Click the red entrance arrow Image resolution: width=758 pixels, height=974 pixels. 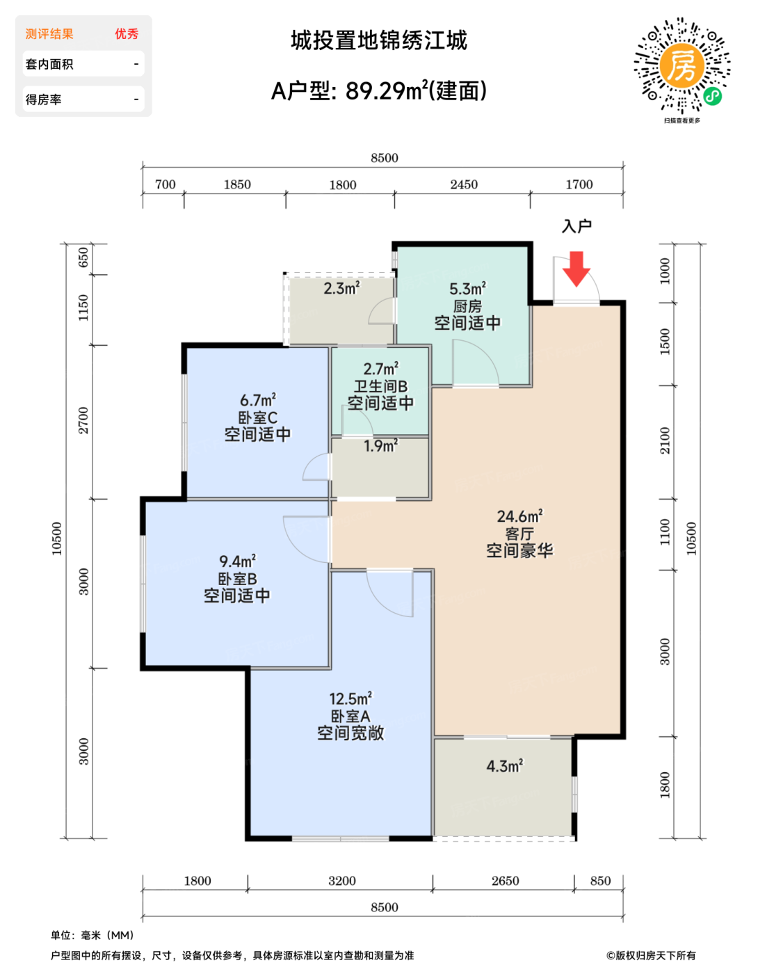coord(576,269)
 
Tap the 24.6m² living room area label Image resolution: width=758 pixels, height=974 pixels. coord(519,516)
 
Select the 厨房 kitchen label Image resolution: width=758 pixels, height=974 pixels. coord(467,307)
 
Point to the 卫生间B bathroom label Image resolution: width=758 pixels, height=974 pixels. coord(380,386)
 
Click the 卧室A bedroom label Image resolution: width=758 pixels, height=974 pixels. coord(350,717)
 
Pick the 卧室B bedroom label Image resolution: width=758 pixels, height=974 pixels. coord(237,579)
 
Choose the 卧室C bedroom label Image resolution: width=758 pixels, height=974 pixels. coord(257,417)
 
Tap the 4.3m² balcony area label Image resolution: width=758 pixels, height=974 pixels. coord(505,766)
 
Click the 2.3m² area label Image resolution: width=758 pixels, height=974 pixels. coord(342,288)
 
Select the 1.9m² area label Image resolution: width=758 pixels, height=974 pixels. coord(380,446)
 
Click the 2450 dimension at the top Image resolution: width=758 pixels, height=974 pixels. coord(464,184)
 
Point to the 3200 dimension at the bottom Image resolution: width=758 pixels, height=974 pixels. coord(342,881)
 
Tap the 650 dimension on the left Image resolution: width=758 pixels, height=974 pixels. coord(83,257)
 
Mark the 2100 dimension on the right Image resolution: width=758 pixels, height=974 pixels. coord(665,440)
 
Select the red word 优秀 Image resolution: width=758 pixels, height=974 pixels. coord(127,33)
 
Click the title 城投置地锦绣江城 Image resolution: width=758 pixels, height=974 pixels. coord(379,40)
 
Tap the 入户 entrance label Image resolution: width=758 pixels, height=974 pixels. coord(576,226)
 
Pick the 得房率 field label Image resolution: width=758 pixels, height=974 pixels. coord(43,99)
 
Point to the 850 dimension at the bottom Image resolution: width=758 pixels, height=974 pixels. coord(600,881)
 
